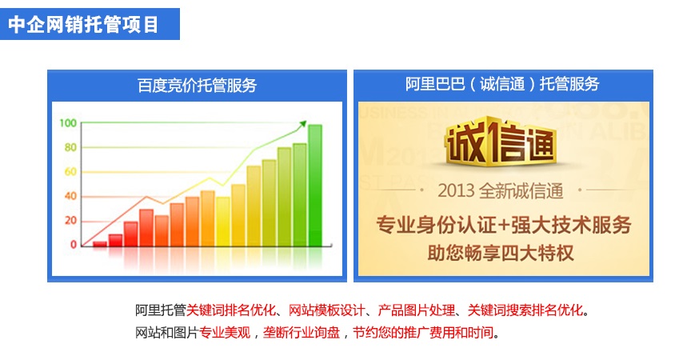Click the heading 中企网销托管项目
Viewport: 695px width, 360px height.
point(83,24)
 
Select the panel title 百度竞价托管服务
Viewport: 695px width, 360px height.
point(197,85)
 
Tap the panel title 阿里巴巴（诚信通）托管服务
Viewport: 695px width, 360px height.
point(502,84)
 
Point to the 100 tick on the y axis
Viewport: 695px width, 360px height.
point(68,123)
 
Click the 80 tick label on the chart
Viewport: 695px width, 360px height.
point(70,147)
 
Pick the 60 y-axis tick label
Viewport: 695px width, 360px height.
point(70,171)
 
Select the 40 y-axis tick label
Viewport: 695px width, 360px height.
point(70,196)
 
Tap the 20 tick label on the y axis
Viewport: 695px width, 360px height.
point(70,220)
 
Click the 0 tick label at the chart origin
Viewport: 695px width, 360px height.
point(74,244)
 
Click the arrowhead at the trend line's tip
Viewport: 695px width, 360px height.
point(303,124)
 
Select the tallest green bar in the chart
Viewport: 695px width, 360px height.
point(315,186)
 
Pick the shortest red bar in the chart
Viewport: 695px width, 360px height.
point(100,244)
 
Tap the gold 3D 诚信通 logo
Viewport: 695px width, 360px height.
point(501,141)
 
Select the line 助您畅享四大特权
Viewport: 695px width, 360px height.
point(501,253)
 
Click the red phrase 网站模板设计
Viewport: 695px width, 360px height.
point(326,310)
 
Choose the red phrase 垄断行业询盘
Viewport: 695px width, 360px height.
point(302,332)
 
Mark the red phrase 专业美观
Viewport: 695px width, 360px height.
point(225,332)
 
